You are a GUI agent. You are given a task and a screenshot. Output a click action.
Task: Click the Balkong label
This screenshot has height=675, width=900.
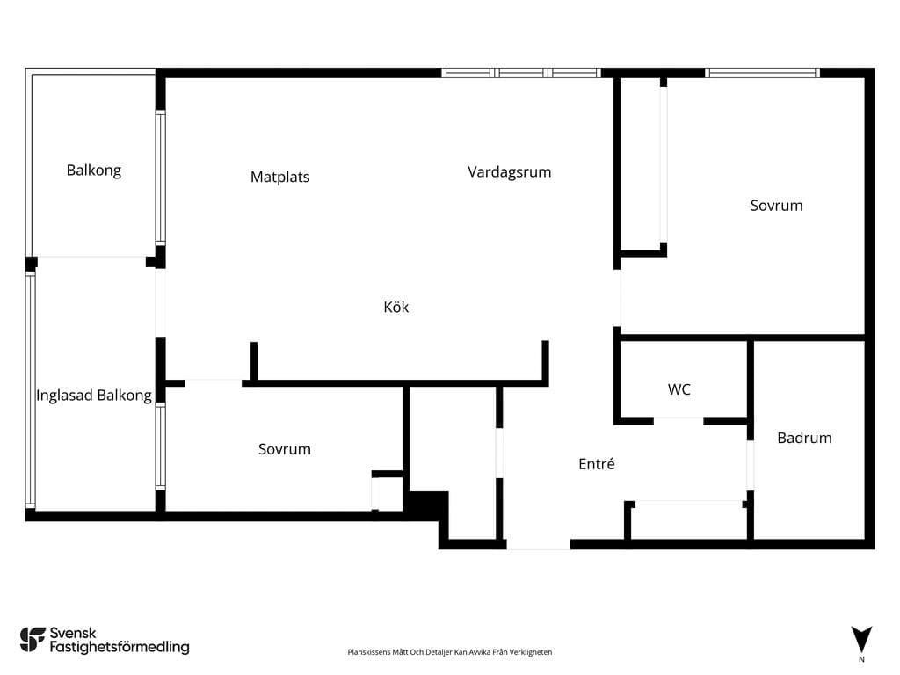93,171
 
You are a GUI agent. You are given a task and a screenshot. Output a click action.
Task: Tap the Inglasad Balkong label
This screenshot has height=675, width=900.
94,396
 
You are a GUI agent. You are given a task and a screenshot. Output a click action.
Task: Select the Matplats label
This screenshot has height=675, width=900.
280,177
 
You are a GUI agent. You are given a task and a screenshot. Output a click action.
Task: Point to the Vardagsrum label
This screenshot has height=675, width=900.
510,172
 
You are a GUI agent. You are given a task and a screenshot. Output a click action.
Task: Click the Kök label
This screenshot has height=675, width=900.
396,307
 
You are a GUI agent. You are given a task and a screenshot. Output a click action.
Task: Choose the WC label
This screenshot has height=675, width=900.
679,389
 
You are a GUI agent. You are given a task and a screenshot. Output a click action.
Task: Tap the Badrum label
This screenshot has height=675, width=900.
805,438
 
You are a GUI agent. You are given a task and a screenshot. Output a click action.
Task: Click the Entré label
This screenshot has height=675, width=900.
597,464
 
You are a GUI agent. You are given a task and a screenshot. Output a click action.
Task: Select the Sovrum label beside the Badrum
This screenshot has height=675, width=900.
777,206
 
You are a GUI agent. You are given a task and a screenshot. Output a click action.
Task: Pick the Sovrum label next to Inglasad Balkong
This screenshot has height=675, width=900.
285,449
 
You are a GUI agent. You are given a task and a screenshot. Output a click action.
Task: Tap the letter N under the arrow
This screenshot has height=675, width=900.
861,659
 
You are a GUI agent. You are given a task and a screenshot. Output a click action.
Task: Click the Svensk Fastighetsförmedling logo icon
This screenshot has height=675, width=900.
33,640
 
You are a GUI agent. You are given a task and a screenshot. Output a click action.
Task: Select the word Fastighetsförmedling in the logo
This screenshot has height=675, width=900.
120,648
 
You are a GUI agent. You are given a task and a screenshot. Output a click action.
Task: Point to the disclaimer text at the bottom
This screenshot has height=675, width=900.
450,652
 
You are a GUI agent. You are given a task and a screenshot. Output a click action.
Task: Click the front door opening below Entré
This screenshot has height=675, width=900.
539,544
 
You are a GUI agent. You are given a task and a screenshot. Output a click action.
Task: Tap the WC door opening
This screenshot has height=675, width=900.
679,421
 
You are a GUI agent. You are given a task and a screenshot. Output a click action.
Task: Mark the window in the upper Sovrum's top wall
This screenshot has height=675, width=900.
762,73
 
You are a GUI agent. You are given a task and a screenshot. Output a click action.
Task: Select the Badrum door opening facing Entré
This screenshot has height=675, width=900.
751,466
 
